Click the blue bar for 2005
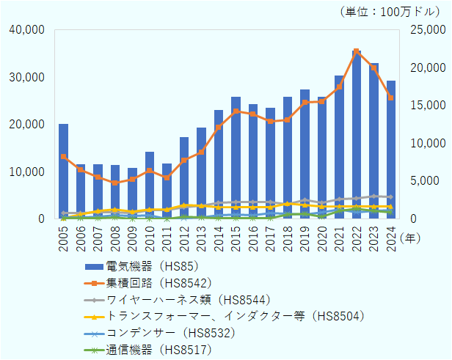pyautogui.click(x=64, y=172)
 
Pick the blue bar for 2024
pyautogui.click(x=391, y=150)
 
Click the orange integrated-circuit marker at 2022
pyautogui.click(x=357, y=51)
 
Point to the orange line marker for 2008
pyautogui.click(x=115, y=183)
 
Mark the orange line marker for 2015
pyautogui.click(x=236, y=111)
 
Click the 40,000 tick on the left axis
pyautogui.click(x=29, y=29)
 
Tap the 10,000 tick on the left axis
pyautogui.click(x=29, y=172)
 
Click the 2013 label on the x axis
pyautogui.click(x=202, y=236)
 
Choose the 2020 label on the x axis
pyautogui.click(x=322, y=236)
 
